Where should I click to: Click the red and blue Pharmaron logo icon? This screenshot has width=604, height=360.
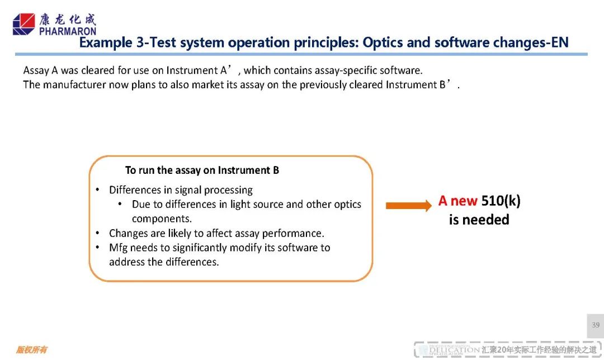coord(23,24)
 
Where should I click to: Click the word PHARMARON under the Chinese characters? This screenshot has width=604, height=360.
coord(68,31)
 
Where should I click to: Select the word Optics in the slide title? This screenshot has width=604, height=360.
coord(383,42)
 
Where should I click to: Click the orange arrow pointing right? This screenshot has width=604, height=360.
coord(409,206)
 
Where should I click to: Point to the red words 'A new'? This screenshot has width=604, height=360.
coord(457,201)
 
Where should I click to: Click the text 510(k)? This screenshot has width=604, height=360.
coord(501,201)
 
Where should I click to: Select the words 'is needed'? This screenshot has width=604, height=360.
coord(479,220)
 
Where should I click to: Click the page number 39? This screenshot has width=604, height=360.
coord(596,325)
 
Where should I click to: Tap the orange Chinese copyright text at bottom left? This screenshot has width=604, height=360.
coord(31,349)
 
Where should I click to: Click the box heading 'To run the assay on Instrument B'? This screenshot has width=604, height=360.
coord(202,170)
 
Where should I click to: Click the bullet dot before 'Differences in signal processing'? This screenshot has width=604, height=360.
coord(97,190)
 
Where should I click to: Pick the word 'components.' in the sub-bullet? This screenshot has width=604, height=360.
coord(162,219)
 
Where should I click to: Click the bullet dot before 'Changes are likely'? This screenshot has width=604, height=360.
coord(97,233)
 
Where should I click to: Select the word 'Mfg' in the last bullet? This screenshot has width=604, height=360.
coord(118,248)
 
